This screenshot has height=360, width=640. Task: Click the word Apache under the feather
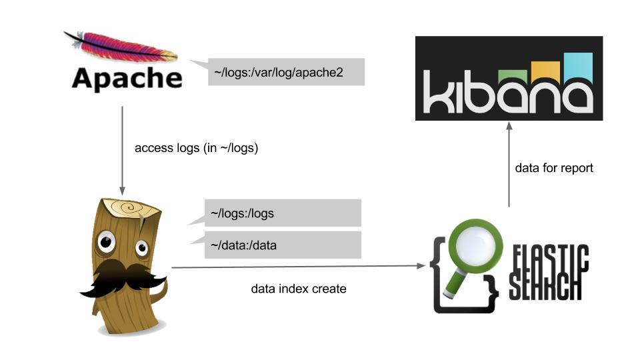point(127,78)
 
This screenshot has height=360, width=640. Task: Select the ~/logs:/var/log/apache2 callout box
point(287,72)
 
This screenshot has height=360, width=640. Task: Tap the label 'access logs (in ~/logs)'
point(196,148)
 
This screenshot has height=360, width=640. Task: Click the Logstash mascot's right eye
point(142,249)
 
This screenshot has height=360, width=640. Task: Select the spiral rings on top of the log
point(131,209)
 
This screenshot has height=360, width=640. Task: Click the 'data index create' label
point(299,289)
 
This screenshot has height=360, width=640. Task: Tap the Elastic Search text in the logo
point(549,273)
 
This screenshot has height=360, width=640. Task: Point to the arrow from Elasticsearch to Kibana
point(509,167)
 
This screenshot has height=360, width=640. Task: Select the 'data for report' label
point(554,168)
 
